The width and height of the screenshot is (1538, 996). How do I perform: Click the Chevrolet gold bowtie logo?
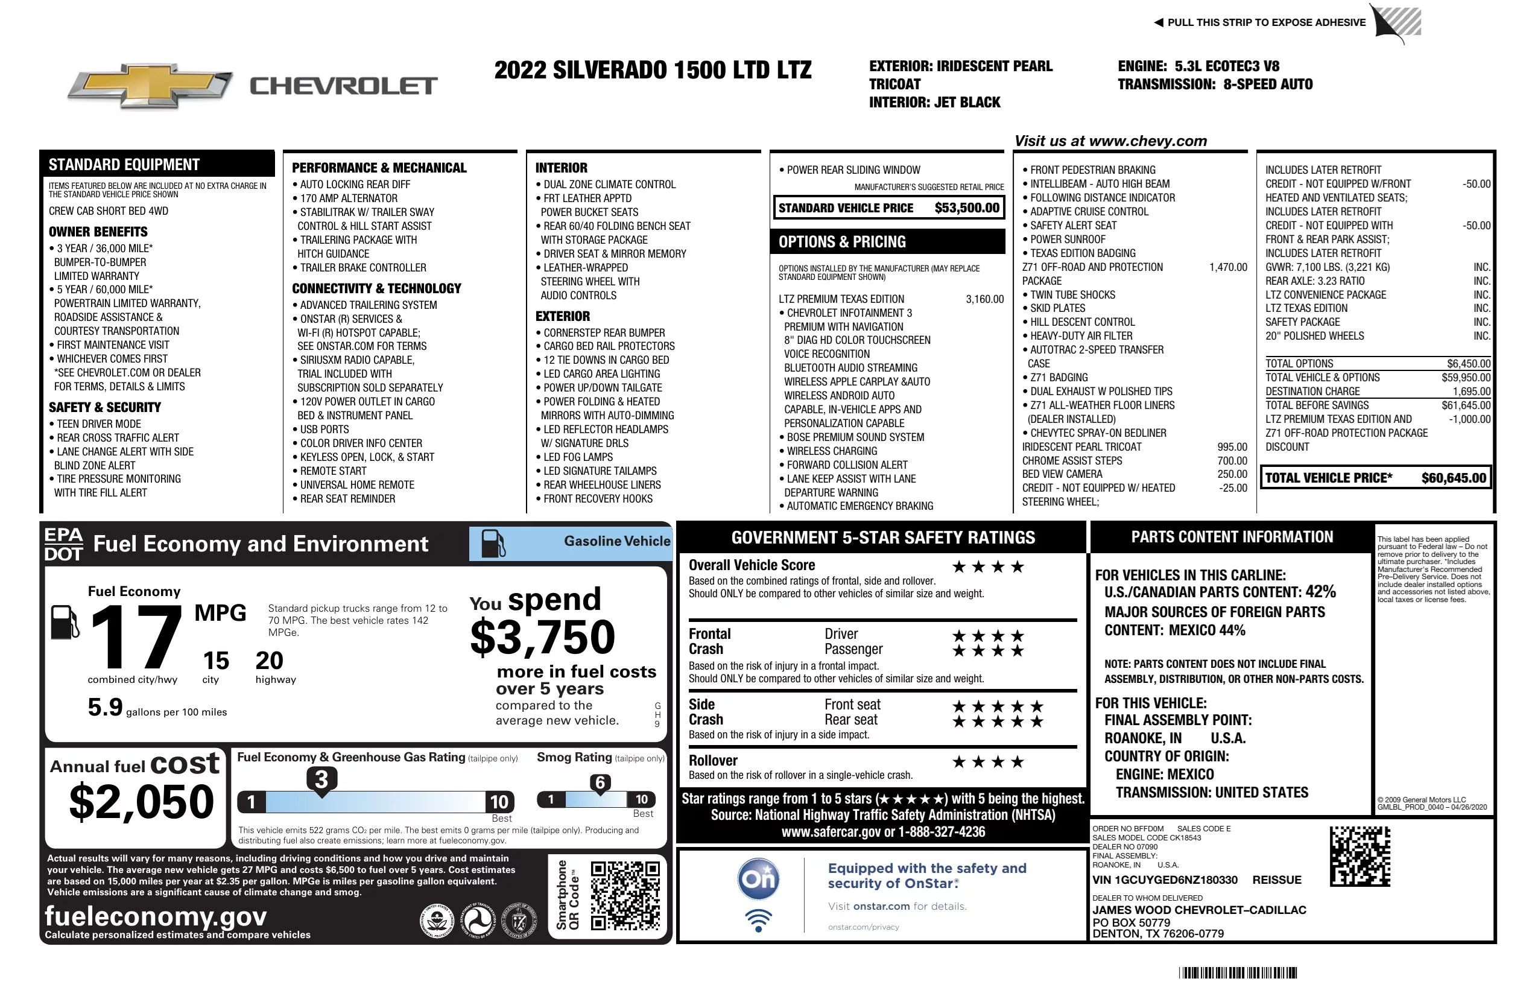tap(150, 86)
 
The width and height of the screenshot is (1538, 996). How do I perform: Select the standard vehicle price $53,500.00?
tap(967, 208)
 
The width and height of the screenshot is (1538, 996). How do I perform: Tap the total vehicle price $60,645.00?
tap(1454, 478)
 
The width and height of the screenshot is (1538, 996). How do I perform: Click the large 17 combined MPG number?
tap(136, 637)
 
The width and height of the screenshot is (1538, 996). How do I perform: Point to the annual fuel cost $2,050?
tap(142, 802)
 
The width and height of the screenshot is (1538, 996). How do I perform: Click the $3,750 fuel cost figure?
tap(542, 637)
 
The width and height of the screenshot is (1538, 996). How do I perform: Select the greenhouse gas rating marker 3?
tap(321, 779)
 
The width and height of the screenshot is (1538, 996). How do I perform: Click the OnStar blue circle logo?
tap(758, 879)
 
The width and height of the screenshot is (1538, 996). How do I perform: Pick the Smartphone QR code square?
tap(625, 895)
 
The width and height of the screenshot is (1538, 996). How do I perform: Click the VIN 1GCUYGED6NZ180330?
tap(1165, 880)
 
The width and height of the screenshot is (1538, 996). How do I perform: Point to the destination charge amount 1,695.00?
tap(1472, 392)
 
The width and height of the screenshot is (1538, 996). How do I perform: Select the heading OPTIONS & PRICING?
tap(842, 243)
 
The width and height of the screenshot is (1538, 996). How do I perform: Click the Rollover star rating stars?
tap(988, 762)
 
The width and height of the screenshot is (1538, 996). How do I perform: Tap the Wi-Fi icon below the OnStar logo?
tap(758, 920)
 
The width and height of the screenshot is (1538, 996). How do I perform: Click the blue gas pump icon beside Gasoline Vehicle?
tap(492, 544)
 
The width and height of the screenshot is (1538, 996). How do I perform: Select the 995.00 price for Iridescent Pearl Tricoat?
tap(1232, 447)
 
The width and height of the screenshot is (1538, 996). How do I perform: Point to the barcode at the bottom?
tap(1238, 972)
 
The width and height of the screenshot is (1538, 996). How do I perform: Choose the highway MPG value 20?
tap(270, 661)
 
